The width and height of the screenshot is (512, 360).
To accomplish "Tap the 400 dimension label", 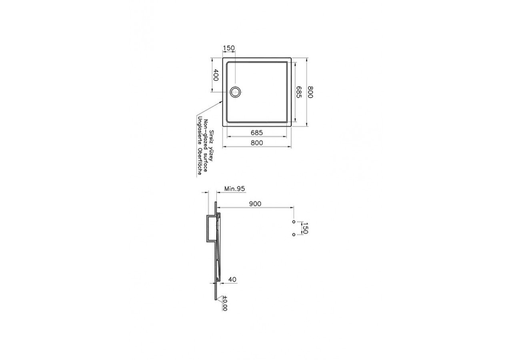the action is click(x=216, y=75).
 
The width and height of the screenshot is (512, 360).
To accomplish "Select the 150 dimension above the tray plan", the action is click(x=229, y=48).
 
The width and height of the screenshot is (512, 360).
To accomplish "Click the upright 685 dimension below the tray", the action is click(x=257, y=132).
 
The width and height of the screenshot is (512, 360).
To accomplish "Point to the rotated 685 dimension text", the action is click(x=299, y=92).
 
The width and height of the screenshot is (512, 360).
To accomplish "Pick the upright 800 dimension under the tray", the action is click(x=257, y=143).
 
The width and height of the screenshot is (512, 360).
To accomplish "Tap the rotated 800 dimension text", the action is click(x=310, y=92).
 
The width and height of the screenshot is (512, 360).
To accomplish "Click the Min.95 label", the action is click(x=234, y=189).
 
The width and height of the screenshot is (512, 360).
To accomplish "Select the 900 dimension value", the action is click(x=255, y=204).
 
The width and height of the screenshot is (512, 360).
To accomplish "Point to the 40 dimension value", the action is click(x=232, y=279).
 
